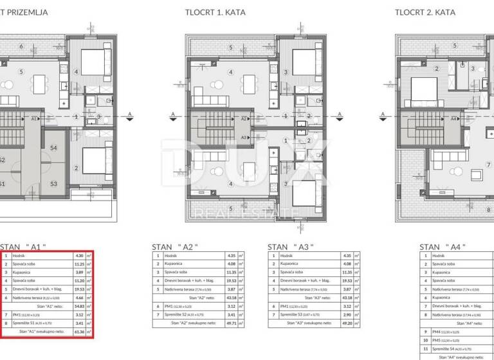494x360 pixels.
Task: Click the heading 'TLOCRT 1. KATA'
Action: click(215, 12)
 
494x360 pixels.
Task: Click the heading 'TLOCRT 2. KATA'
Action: click(425, 12)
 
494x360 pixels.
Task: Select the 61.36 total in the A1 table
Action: click(80, 332)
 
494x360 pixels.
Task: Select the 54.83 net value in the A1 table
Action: click(80, 307)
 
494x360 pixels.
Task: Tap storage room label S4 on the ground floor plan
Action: click(54, 148)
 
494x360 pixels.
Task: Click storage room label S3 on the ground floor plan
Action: click(54, 184)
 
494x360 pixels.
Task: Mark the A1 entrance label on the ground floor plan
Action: click(34, 119)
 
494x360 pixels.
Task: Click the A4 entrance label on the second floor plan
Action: click(453, 119)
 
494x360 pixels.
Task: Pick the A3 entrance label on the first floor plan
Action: click(243, 137)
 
